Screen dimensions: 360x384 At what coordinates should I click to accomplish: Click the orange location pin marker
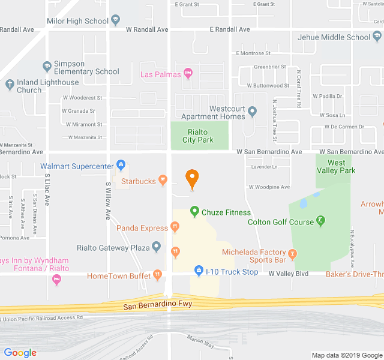[192, 178]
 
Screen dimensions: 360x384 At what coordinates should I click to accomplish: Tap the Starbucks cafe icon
[163, 181]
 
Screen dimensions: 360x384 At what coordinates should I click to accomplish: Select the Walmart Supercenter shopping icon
[121, 164]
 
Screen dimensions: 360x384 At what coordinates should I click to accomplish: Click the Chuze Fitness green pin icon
[194, 211]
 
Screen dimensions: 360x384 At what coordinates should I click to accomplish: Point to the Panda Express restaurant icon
[175, 227]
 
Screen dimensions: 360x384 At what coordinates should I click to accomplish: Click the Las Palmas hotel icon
[188, 74]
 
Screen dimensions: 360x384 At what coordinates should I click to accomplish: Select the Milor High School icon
[115, 21]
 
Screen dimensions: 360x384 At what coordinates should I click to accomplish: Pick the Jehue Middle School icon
[376, 37]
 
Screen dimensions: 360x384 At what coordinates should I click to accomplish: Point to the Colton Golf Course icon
[321, 221]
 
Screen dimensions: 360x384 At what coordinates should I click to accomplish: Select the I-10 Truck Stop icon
[199, 272]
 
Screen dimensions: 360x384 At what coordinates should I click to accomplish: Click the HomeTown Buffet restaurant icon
[157, 275]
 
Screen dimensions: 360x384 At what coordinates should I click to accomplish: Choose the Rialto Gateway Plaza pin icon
[157, 247]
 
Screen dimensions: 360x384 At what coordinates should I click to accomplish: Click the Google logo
[20, 353]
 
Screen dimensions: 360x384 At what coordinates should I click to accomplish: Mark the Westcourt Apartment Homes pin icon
[253, 112]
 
